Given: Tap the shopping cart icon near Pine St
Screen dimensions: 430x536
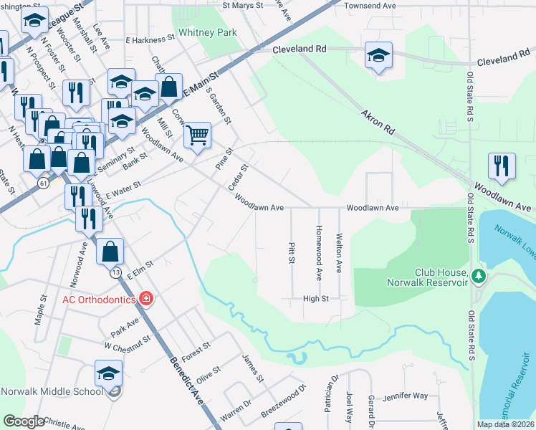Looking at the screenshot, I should [197, 133].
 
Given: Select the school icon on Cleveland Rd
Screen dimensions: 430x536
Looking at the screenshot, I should [378, 55].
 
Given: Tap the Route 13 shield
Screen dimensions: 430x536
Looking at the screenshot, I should [115, 272].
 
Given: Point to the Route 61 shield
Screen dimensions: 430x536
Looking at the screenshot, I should [44, 184].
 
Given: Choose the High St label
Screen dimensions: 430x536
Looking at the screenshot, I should [315, 299].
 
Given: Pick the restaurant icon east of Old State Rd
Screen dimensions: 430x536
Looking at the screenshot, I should [502, 166].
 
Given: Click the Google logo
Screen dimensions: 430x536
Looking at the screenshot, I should [23, 421].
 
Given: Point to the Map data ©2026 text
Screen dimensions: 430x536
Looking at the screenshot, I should [505, 424].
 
